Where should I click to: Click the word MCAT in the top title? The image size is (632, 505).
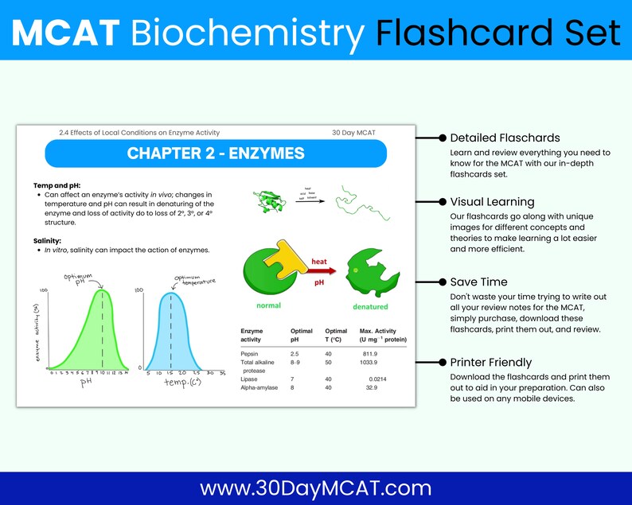click(x=66, y=33)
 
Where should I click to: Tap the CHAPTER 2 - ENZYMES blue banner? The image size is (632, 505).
click(x=216, y=153)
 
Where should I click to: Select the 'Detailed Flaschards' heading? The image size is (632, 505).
click(x=505, y=138)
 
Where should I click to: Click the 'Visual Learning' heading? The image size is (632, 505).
click(x=492, y=202)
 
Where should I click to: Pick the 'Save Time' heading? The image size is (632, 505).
click(x=479, y=282)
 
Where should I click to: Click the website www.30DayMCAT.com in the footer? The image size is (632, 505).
click(x=315, y=488)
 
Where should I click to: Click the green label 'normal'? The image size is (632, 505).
click(x=267, y=305)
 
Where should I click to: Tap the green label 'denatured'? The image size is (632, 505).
click(x=370, y=306)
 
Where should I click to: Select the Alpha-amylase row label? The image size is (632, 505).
click(x=263, y=387)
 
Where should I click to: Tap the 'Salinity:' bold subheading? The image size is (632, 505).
click(x=49, y=240)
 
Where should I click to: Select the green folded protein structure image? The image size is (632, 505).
click(x=269, y=201)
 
